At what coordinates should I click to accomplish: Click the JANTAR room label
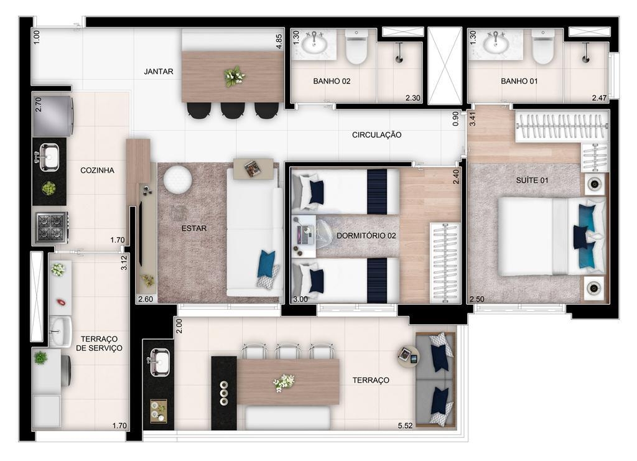coord(159,72)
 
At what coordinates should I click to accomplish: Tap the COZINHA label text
coord(97,170)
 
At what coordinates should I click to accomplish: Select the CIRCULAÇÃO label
coord(376,135)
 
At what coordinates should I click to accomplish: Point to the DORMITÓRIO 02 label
coord(366,236)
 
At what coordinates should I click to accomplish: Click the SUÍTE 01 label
coord(532,180)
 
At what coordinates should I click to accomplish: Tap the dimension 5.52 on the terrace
coord(405,426)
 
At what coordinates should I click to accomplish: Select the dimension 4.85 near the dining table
coord(279,42)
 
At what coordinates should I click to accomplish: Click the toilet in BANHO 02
coord(356,47)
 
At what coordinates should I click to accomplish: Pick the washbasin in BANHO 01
coord(496,44)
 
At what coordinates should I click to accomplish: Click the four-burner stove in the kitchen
coord(51,228)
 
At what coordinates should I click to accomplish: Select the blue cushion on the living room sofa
coord(266,264)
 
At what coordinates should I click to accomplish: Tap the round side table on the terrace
coord(408,357)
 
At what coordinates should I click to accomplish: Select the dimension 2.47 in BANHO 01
coord(599,98)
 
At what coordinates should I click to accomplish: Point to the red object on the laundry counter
coord(61,302)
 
